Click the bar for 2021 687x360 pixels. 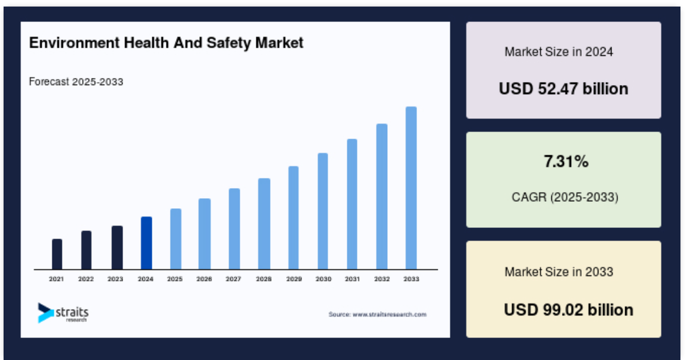pos(57,254)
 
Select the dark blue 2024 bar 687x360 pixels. pos(146,243)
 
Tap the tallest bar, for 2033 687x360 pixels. pos(411,187)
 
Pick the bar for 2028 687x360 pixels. pos(263,224)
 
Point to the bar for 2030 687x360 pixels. pos(323,211)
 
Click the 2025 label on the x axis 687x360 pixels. pos(175,279)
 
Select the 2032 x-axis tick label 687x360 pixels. pos(382,279)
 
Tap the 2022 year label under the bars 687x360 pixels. pos(86,279)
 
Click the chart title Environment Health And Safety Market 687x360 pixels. pos(166,43)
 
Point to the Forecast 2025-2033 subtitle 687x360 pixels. pos(76,82)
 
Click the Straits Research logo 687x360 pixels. pos(63,312)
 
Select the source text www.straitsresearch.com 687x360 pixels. pos(377,314)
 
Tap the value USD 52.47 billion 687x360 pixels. pos(563,89)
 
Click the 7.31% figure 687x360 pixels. pos(566,161)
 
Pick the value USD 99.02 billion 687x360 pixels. pos(569,309)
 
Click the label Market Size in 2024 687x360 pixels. pos(559,52)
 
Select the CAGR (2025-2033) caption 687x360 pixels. pos(565,197)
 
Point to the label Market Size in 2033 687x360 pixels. pos(559,272)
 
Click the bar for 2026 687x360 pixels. pos(205,234)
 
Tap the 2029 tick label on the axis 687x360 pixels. pos(294,279)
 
